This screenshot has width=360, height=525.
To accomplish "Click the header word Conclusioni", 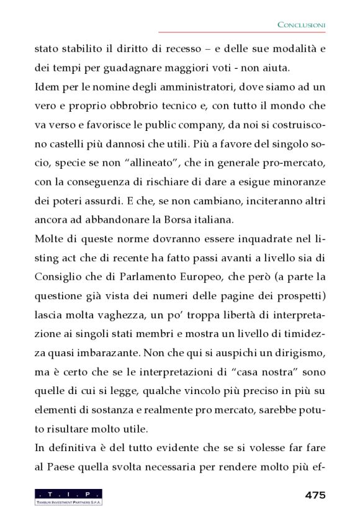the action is (x=301, y=25).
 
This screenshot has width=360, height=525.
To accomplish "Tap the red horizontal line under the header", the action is (x=242, y=33).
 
